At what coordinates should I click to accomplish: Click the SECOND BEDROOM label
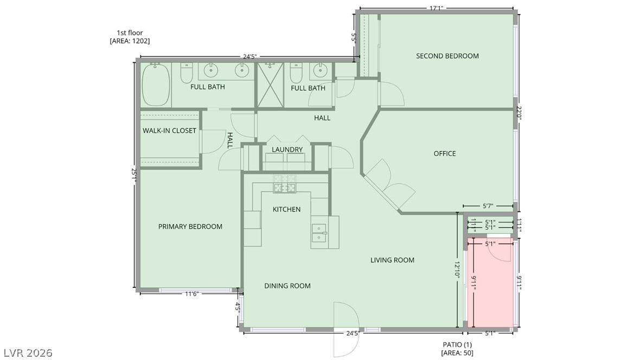click(447, 56)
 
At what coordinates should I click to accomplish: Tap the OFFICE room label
click(445, 153)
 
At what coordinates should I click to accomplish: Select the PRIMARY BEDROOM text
click(190, 227)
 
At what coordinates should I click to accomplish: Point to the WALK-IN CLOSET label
click(169, 131)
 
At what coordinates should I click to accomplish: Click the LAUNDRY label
click(287, 150)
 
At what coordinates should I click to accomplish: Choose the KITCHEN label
click(286, 209)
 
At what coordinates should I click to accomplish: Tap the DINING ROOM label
click(287, 286)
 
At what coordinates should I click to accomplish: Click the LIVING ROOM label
click(393, 260)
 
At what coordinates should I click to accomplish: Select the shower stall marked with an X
click(270, 85)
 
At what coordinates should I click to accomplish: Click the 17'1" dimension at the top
click(437, 8)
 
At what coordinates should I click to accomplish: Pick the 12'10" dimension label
click(457, 270)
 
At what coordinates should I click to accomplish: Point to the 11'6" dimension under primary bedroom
click(192, 293)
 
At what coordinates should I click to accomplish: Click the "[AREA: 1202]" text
click(130, 41)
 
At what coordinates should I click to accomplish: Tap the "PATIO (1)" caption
click(457, 345)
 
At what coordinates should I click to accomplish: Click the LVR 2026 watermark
click(28, 352)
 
